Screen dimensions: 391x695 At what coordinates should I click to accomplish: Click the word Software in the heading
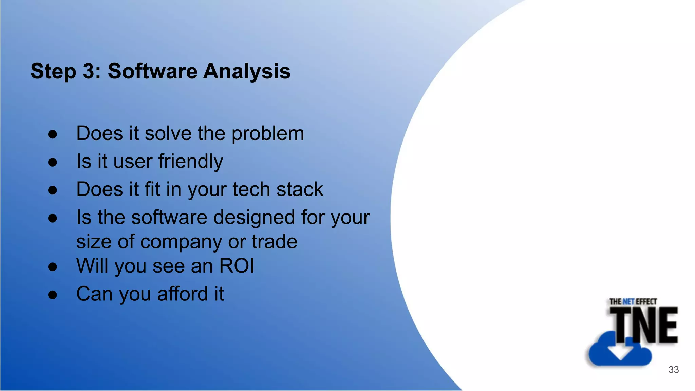152,71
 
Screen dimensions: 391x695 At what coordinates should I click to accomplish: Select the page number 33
673,370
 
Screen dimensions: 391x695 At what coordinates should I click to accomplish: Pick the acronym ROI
237,266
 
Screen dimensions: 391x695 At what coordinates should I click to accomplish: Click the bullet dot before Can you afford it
53,295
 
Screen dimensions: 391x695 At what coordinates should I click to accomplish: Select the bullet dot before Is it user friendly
53,162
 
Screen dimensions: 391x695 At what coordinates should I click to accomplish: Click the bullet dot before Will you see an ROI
53,267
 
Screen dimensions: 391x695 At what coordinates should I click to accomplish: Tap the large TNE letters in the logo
643,325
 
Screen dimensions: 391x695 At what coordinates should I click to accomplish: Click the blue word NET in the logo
628,301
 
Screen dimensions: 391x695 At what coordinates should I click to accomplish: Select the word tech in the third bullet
251,189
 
